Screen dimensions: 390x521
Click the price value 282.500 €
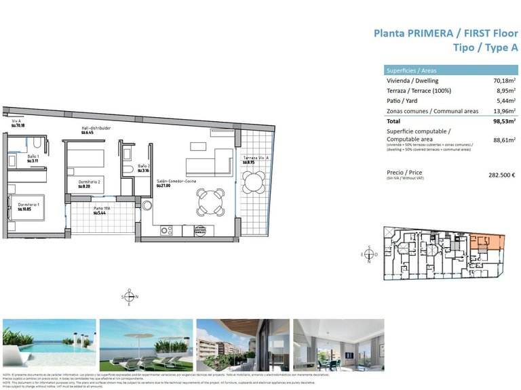point(502,175)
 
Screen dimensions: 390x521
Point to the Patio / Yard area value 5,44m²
point(505,101)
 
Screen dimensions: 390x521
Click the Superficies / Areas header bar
point(450,70)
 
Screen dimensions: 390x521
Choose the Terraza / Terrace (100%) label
point(418,91)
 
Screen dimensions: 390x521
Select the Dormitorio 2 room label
point(89,182)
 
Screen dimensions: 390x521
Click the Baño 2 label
point(143,166)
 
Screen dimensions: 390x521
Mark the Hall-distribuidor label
point(96,128)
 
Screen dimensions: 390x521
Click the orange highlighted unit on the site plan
point(487,242)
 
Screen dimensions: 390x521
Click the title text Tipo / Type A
point(484,47)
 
